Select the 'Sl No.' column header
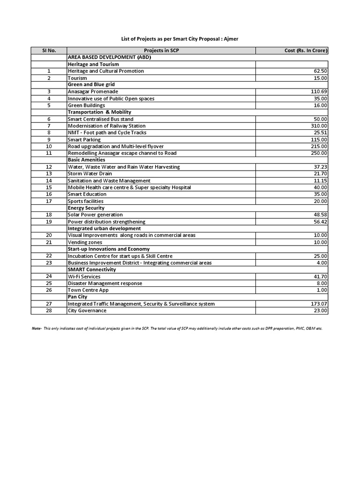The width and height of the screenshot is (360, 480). tap(49, 51)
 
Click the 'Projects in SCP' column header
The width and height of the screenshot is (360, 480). tap(161, 51)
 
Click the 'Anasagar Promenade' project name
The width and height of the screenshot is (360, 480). tap(93, 92)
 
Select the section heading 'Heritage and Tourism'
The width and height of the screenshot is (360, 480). tap(93, 64)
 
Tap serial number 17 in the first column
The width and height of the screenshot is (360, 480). tap(49, 201)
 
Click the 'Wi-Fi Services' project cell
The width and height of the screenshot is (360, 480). tap(84, 277)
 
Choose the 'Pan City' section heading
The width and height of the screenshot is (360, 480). tap(77, 297)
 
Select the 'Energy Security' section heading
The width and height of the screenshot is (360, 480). tap(86, 208)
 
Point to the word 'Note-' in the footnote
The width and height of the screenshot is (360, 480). tap(37, 329)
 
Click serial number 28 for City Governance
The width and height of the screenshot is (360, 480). tap(49, 311)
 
